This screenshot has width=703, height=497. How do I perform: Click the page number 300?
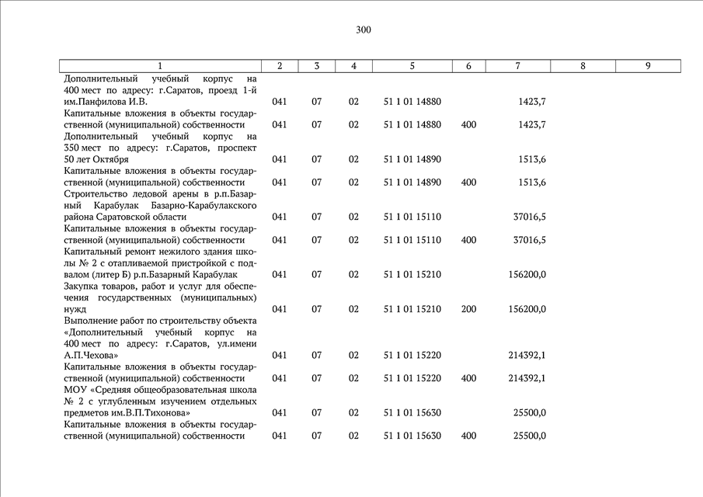(x=364, y=30)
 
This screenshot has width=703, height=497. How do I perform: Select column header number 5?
(x=412, y=67)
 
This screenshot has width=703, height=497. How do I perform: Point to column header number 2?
(x=279, y=67)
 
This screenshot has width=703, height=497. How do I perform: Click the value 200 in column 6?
(x=468, y=309)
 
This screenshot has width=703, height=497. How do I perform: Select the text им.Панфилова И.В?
(x=106, y=102)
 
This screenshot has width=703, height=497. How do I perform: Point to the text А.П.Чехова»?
(x=92, y=355)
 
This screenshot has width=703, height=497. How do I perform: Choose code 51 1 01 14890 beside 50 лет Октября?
(x=412, y=159)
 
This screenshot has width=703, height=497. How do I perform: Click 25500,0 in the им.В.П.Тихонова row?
(x=529, y=412)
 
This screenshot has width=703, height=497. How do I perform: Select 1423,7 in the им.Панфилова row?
(x=531, y=102)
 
